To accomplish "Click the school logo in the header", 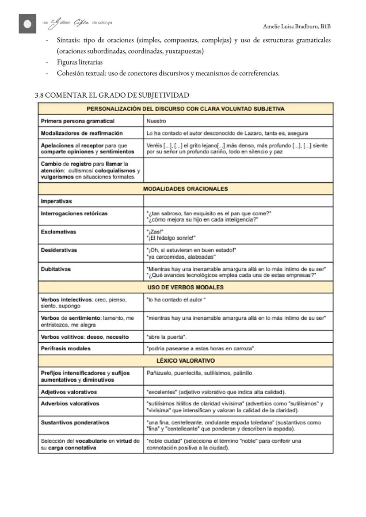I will point(27,24).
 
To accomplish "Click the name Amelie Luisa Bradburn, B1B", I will point(297,27).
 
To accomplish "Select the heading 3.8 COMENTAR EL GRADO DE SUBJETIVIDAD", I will point(112,95).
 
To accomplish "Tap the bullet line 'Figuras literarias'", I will point(80,62).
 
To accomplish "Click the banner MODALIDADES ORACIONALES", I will point(185,189).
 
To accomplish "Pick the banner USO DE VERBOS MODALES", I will point(185,287).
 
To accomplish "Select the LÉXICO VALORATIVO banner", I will point(185,361).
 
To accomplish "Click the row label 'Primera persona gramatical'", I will point(77,121).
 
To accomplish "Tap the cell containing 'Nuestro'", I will point(156,121).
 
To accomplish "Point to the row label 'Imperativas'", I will point(56,201).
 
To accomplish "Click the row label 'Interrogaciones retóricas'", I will point(74,214).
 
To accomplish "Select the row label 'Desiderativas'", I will point(59,250).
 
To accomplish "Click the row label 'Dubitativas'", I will point(56,269).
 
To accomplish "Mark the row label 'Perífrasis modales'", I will point(65,348).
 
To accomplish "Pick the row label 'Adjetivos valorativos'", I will point(69,392).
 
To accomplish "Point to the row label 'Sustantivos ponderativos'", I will point(75,422).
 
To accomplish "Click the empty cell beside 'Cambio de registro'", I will point(238,170).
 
